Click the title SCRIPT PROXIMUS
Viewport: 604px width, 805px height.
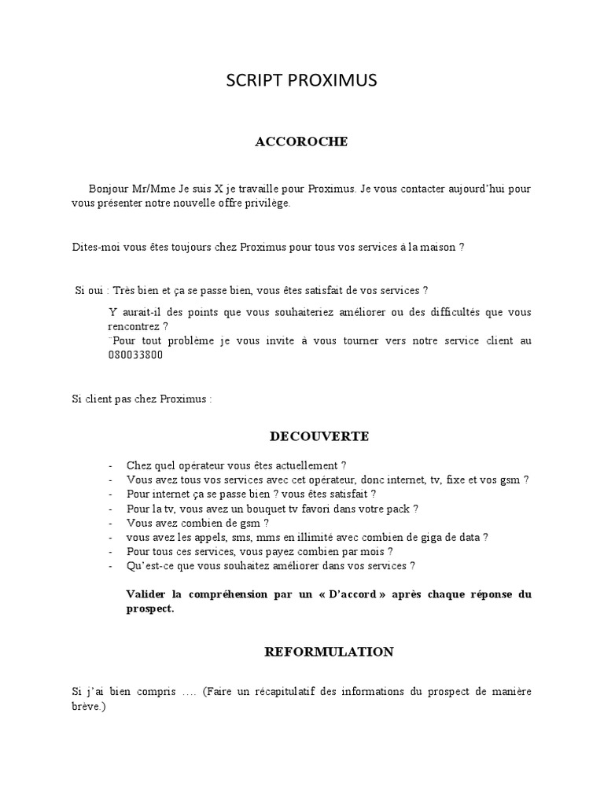coord(301,80)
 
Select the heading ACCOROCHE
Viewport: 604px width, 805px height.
coord(301,142)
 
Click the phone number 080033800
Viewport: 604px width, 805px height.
coord(135,355)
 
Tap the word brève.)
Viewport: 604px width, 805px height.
coord(87,707)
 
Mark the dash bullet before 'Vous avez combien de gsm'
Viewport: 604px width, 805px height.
coord(112,523)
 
